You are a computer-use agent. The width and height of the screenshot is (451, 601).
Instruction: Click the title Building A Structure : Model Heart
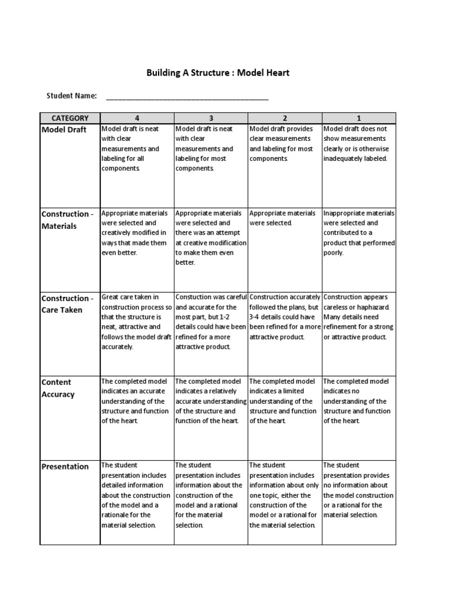218,73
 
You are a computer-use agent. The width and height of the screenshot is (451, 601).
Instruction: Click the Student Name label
72,96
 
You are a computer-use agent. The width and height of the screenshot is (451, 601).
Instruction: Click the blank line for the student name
187,97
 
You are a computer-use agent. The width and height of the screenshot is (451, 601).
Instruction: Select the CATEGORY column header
70,118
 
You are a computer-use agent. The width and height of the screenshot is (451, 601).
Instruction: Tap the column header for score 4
137,118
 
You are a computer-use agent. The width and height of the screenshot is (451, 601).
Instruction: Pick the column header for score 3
211,118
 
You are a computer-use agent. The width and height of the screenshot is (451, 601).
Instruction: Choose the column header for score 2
285,118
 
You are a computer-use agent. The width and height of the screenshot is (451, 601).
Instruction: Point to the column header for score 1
359,118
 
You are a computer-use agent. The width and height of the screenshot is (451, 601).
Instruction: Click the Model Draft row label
64,129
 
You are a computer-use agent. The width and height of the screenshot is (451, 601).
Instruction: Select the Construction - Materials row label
67,220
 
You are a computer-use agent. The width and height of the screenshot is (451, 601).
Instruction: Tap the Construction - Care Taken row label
67,304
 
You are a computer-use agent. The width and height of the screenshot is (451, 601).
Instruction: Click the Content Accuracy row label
58,388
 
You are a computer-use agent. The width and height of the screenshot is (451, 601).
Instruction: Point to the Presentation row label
65,467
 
